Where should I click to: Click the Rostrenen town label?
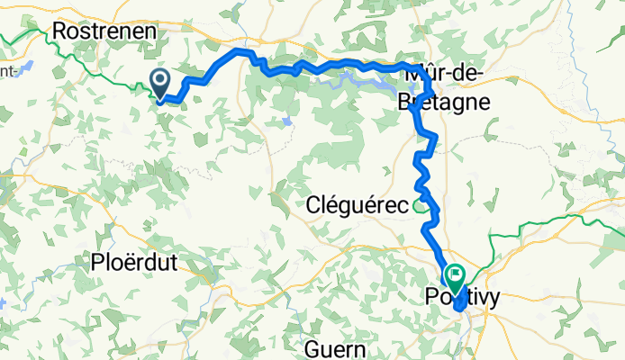pyautogui.click(x=105, y=31)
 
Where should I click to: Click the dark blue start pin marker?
pyautogui.click(x=159, y=84)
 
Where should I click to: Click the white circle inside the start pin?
pyautogui.click(x=159, y=80)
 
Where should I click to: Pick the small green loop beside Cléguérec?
pyautogui.click(x=420, y=207)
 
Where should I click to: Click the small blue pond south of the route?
pyautogui.click(x=285, y=121)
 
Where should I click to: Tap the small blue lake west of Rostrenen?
pyautogui.click(x=24, y=67)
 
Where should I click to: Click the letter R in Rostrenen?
pyautogui.click(x=61, y=31)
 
